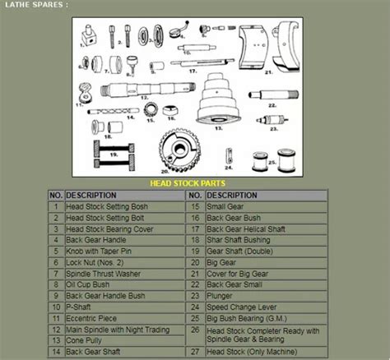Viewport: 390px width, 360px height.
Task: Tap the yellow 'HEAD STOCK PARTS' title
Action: (188, 182)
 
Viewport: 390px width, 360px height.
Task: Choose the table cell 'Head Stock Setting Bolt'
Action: (107, 218)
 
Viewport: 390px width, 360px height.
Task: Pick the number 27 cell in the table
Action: (195, 351)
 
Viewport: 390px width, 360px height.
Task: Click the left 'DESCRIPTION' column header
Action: (91, 196)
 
